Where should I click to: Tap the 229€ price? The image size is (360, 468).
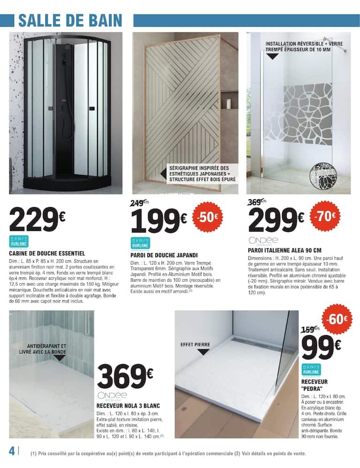point(37,218)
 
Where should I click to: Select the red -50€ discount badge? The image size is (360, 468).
point(208,218)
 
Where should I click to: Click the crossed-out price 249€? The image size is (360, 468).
point(138,203)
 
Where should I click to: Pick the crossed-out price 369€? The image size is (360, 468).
point(255,203)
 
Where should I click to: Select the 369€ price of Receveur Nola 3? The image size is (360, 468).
point(125,374)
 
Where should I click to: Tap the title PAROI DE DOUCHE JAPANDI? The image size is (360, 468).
point(164,256)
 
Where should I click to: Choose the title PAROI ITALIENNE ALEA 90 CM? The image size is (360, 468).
point(285,250)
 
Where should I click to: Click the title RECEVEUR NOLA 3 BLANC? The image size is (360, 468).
point(128,405)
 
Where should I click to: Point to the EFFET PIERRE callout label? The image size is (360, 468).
point(195,345)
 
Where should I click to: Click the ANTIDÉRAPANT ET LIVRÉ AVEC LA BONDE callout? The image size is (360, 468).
point(44,349)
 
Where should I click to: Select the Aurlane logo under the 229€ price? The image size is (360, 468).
point(19,242)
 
